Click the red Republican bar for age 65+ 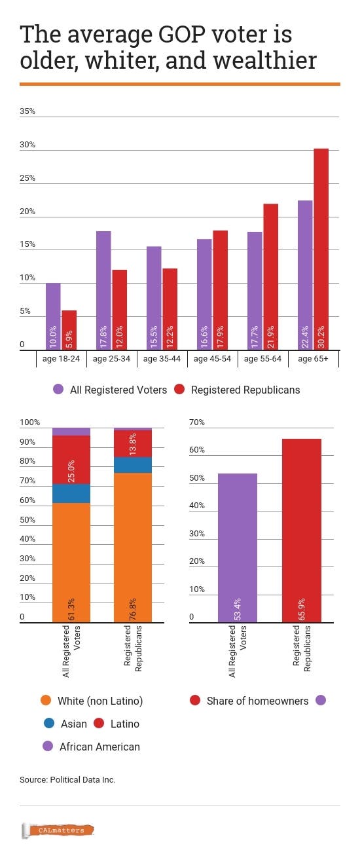(321, 249)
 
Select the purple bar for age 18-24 (53, 316)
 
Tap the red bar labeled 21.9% (270, 277)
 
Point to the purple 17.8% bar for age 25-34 (103, 290)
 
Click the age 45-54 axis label (212, 359)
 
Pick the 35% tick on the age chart (27, 111)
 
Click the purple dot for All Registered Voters (58, 389)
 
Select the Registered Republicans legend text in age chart (245, 390)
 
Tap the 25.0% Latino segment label (71, 471)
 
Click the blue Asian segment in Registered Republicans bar (133, 465)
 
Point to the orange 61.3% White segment (71, 563)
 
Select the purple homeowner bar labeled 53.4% (238, 548)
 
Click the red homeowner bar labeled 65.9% (301, 530)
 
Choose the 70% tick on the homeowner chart (197, 422)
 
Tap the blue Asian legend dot (49, 723)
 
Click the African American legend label (99, 747)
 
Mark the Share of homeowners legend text (257, 701)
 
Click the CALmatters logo (58, 830)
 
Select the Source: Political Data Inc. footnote (67, 779)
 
